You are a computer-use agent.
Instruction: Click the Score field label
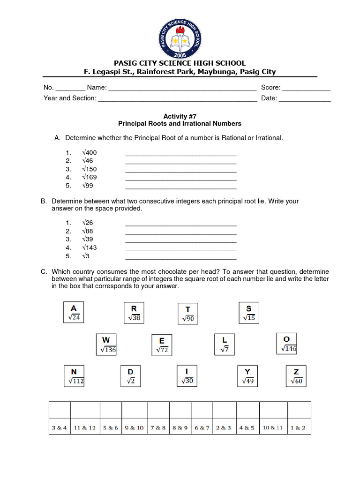point(270,87)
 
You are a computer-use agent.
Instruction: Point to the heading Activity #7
point(180,116)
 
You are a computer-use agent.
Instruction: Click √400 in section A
point(89,152)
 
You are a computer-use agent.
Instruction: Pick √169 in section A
point(89,177)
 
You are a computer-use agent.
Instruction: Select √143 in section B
point(89,247)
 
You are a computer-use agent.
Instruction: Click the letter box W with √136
point(107,345)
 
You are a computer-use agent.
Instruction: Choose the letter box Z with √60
point(296,376)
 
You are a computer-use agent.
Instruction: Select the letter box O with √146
point(286,344)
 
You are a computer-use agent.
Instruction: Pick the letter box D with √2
point(130,376)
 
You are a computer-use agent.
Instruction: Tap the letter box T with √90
point(188,314)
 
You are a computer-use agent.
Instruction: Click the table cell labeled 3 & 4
point(60,427)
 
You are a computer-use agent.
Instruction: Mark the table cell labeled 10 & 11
point(272,427)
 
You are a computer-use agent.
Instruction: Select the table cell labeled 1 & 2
point(298,427)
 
